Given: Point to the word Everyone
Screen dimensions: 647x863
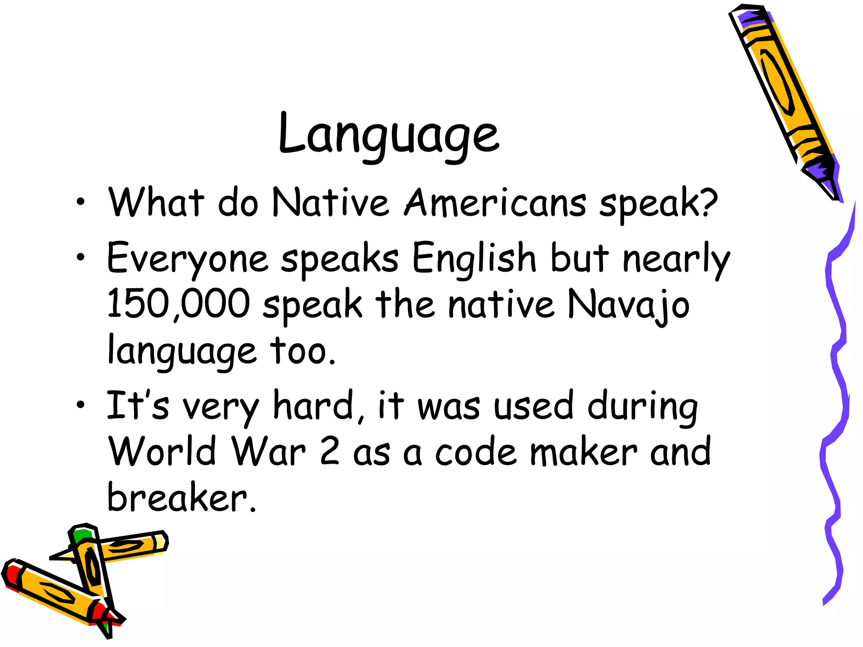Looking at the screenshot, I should coord(188,258).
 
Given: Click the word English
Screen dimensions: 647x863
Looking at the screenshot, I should coord(474,257).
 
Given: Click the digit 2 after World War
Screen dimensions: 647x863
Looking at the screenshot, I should coord(330,451).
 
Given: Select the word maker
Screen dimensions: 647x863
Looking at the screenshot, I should coord(584,452).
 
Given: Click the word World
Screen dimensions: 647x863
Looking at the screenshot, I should coord(163,451).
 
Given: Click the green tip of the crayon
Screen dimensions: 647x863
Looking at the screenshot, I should coord(82,535).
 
